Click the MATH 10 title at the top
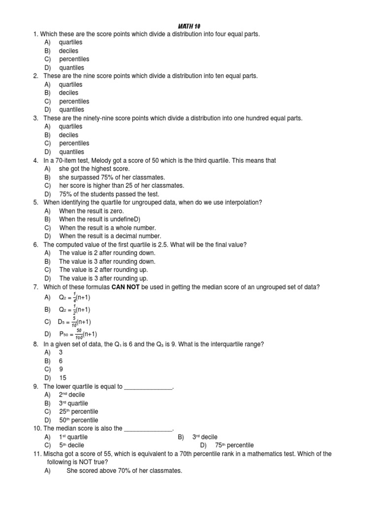(x=189, y=26)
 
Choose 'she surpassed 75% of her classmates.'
(x=112, y=177)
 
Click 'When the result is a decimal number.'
(x=110, y=236)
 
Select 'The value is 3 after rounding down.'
(x=107, y=261)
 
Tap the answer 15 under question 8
(x=63, y=378)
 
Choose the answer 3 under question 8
(x=61, y=353)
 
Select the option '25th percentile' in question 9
(x=78, y=411)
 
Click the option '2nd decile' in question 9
(x=73, y=395)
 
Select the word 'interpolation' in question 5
(x=244, y=202)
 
